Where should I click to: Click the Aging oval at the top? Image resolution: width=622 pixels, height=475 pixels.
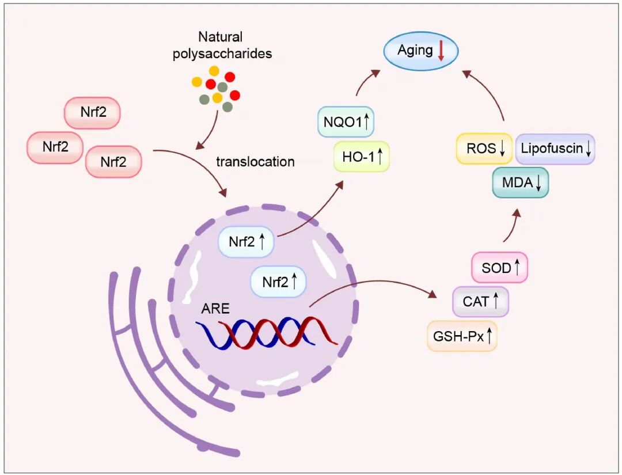pyautogui.click(x=420, y=51)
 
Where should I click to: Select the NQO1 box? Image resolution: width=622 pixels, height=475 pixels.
pyautogui.click(x=346, y=122)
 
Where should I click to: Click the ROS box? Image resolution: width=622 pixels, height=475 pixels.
pyautogui.click(x=484, y=149)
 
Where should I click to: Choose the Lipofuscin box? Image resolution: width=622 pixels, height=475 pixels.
pyautogui.click(x=555, y=149)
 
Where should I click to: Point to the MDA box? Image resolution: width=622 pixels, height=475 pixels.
pyautogui.click(x=520, y=183)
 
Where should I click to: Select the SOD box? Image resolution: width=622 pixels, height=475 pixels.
pyautogui.click(x=499, y=267)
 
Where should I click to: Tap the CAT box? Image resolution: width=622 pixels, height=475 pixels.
pyautogui.click(x=480, y=301)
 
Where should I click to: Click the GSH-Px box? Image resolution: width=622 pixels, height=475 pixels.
pyautogui.click(x=462, y=336)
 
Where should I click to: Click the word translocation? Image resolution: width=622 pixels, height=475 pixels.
pyautogui.click(x=255, y=162)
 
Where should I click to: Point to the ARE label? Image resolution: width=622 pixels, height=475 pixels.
pyautogui.click(x=215, y=309)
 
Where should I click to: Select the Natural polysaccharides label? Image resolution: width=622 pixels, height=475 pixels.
pyautogui.click(x=235, y=45)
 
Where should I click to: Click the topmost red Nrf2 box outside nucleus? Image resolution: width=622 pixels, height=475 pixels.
pyautogui.click(x=93, y=112)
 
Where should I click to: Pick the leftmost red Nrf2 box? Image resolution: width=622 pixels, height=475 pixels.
pyautogui.click(x=55, y=147)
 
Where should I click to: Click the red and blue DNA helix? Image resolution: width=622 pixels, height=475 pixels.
pyautogui.click(x=266, y=332)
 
